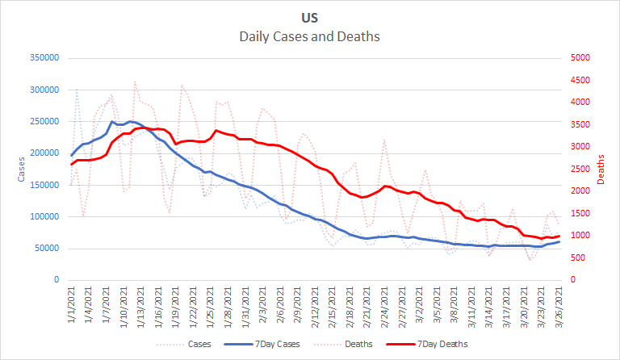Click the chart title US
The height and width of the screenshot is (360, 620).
(x=310, y=17)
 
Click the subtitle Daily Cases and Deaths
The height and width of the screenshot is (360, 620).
(x=310, y=36)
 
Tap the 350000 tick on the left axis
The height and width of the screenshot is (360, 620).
(x=44, y=58)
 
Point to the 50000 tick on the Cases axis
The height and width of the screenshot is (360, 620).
(x=47, y=249)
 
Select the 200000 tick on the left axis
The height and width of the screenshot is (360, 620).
(x=44, y=153)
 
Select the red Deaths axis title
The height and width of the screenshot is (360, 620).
(x=601, y=169)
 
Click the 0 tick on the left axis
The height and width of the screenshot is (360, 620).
(x=57, y=280)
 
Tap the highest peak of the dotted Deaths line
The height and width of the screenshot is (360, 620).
(x=135, y=82)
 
